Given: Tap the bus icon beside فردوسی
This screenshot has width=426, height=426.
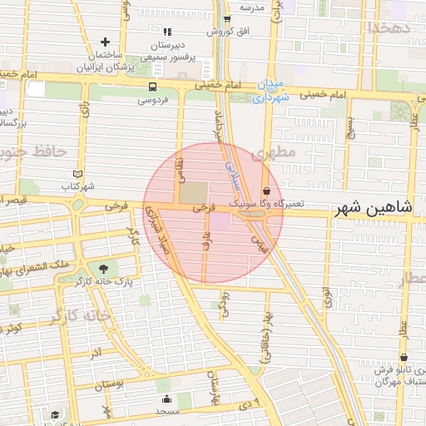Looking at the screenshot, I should point(152,87).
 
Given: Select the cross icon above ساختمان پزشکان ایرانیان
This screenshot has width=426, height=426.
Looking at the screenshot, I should point(105,42).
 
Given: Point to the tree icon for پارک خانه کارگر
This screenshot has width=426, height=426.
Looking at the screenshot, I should point(103,269).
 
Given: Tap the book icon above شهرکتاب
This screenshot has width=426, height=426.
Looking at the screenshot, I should point(78,174).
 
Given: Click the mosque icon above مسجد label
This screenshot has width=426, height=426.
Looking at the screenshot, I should point(166,399).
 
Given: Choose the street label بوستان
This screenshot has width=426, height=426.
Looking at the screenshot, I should point(109,385).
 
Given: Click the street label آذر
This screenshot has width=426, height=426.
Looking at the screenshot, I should point(96,353).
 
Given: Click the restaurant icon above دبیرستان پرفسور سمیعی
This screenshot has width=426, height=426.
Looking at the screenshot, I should point(167,32).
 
